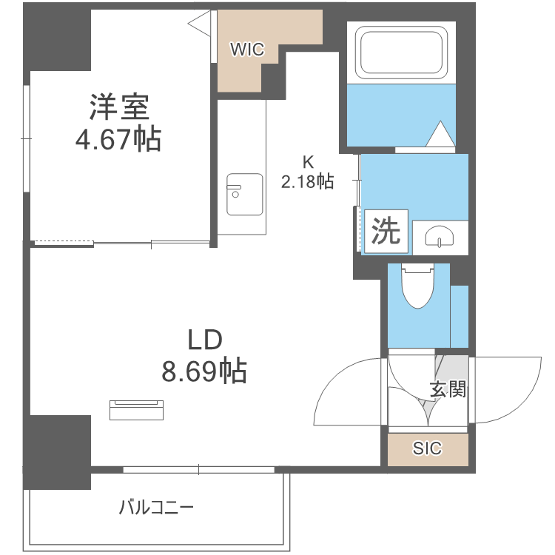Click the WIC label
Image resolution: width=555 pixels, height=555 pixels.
pos(246,50)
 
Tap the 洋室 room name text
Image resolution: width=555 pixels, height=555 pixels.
pos(119,108)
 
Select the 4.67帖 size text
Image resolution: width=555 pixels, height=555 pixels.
pos(118,138)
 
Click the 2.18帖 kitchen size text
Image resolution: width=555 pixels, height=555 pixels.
pos(307,181)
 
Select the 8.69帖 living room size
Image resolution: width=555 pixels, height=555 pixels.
pos(203,371)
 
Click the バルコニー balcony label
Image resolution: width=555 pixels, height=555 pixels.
pos(156,508)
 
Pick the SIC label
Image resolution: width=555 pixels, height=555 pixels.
pos(427,448)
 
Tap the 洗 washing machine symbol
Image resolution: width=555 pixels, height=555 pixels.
pos(386,232)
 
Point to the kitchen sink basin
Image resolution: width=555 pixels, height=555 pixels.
pos(243,194)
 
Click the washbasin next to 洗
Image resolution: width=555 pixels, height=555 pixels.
pos(440,238)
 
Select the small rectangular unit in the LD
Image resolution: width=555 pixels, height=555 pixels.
pos(138,409)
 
